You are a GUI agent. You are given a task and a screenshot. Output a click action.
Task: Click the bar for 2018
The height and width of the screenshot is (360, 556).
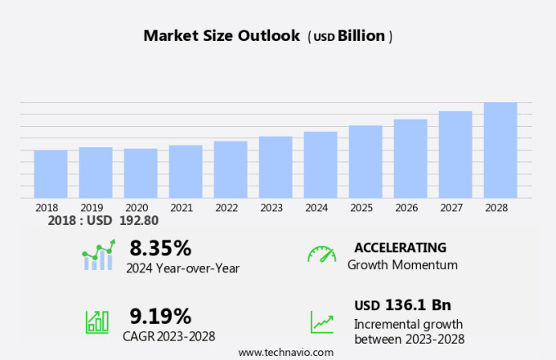coord(51,173)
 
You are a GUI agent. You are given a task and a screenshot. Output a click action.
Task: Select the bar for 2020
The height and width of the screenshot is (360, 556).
coord(141,173)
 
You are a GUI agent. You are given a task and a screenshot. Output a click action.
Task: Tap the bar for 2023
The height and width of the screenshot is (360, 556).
coord(276,167)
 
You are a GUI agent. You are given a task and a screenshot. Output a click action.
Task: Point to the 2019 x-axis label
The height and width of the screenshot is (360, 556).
coord(92,208)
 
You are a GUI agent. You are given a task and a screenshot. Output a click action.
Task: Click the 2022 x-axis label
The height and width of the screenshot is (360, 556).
coord(226,208)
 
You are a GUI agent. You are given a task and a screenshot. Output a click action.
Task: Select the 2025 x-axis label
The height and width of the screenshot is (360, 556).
coord(361,208)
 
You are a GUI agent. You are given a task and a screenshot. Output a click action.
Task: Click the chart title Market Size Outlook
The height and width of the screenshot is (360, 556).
coord(222,36)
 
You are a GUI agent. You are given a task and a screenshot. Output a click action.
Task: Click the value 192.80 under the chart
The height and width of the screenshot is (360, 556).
coord(139,220)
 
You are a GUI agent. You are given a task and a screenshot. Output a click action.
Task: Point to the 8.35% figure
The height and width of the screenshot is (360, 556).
coord(160,248)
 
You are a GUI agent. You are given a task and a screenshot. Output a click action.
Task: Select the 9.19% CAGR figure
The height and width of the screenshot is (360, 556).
coord(160,316)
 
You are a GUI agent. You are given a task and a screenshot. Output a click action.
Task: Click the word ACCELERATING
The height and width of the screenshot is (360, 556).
coord(400,248)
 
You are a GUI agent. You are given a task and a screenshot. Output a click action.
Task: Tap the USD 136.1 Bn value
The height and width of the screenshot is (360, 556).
coord(402,305)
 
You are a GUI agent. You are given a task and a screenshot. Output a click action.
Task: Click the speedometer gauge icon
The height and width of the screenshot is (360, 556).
coord(321,254)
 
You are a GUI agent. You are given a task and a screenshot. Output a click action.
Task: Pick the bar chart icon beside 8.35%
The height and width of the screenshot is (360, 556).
coord(98,255)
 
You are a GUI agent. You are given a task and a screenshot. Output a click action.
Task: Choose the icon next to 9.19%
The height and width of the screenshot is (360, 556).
coord(97,321)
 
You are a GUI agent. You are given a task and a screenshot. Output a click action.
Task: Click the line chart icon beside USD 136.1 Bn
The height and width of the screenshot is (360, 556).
coord(321,322)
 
